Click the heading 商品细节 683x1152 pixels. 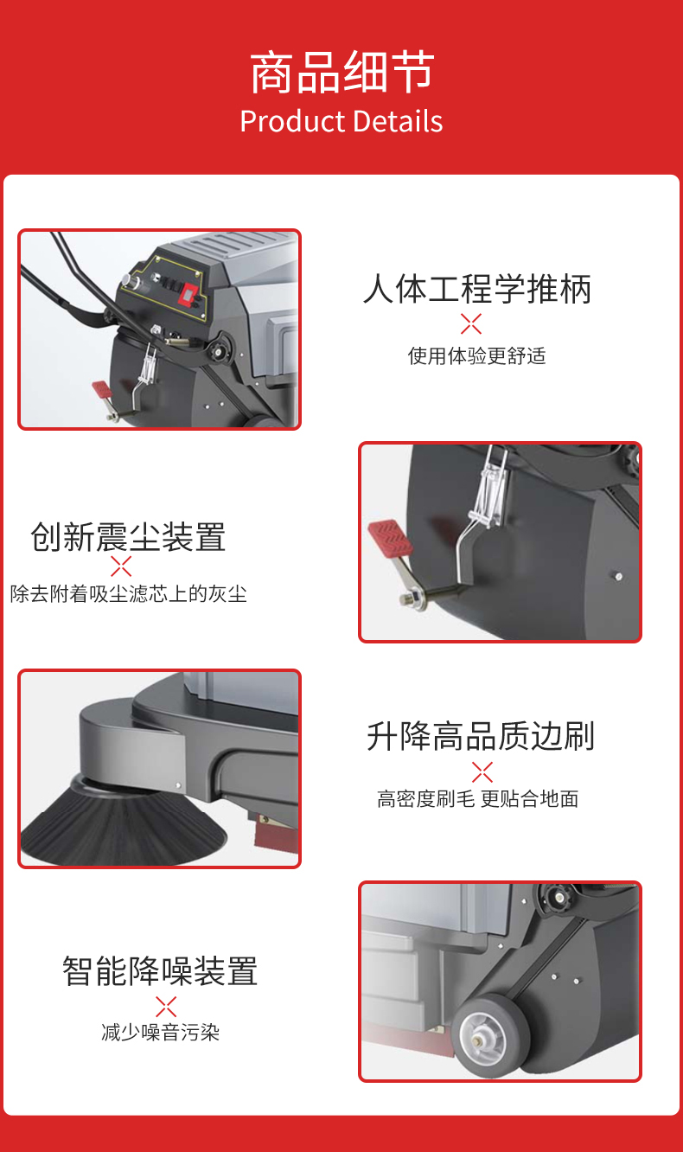(341, 73)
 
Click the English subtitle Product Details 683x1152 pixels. (341, 121)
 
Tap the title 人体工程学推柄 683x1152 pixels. (477, 289)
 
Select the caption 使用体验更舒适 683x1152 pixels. (477, 356)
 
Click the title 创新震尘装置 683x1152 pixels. (128, 537)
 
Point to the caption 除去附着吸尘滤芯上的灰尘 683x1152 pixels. (129, 594)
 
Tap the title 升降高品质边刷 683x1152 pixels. (481, 736)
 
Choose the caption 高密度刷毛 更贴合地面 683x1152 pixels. (477, 799)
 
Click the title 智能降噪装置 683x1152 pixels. (160, 971)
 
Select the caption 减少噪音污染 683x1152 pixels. (161, 1033)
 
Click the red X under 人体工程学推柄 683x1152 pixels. (471, 324)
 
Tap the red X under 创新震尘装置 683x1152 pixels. (122, 567)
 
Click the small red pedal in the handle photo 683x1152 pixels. (101, 390)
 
